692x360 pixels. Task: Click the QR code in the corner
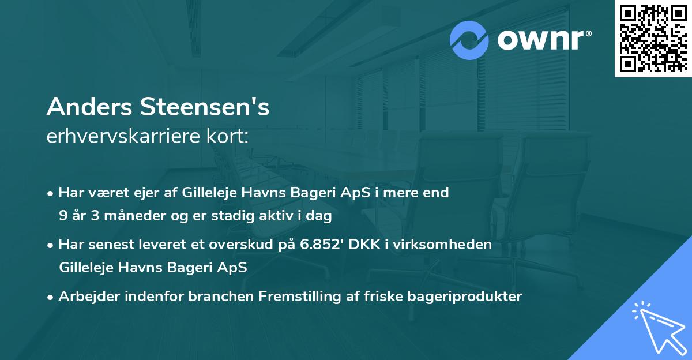tap(652, 38)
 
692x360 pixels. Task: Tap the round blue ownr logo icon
tap(470, 40)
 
